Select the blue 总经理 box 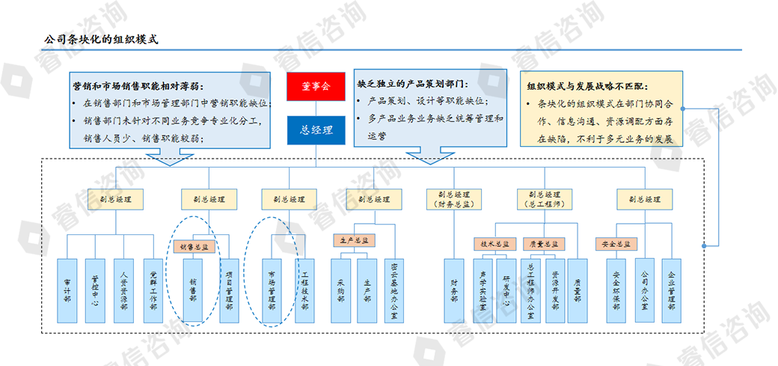click(x=315, y=129)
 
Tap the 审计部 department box click(x=67, y=290)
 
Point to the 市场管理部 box click(x=272, y=290)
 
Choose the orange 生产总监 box click(x=354, y=241)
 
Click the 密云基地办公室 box click(x=394, y=290)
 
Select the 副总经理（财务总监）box click(x=453, y=199)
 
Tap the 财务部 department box click(x=453, y=290)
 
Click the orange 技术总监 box click(x=494, y=244)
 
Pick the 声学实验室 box click(x=482, y=290)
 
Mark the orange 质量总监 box click(x=545, y=244)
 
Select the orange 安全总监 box click(x=616, y=244)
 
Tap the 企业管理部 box click(x=671, y=290)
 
